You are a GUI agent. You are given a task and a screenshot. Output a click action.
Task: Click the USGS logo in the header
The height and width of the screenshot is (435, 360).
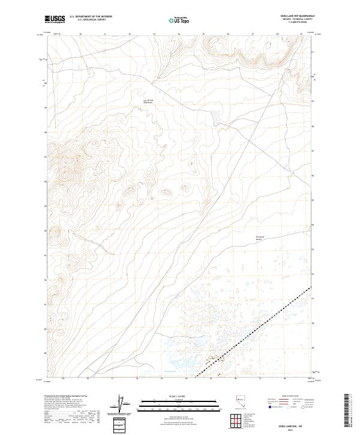[x=55, y=19]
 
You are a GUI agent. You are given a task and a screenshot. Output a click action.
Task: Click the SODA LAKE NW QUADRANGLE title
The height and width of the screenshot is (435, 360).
[x=296, y=16]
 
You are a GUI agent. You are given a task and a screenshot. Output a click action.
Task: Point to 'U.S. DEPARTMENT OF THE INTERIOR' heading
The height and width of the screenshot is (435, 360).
[x=91, y=17]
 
